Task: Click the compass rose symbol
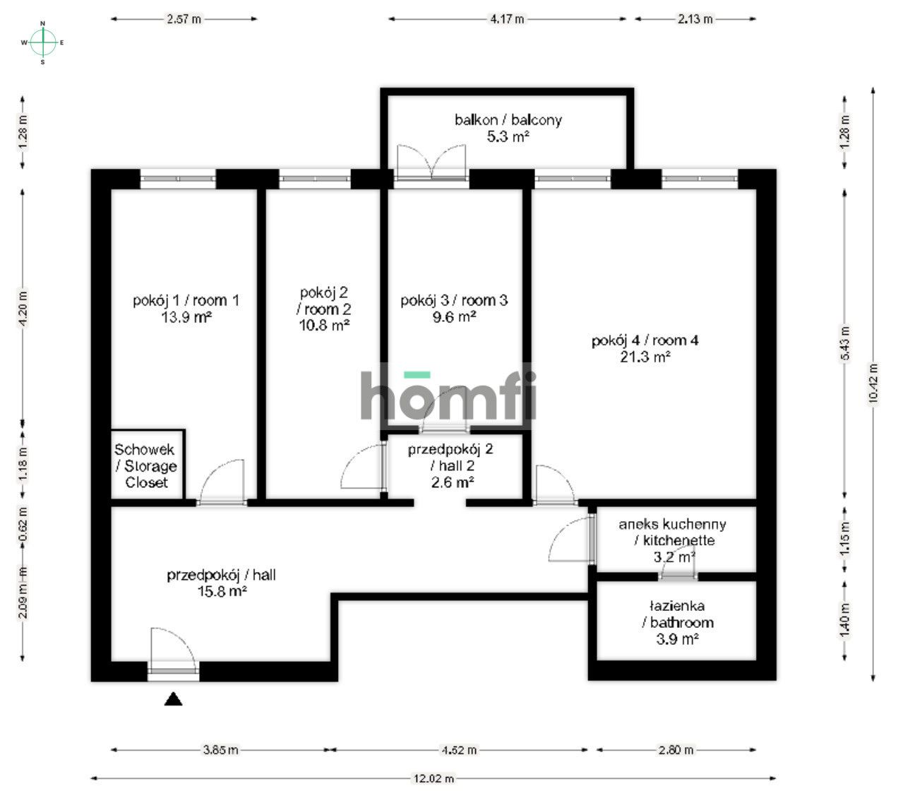[x=43, y=42]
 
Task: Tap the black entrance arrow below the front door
[x=174, y=700]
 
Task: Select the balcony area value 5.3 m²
[x=508, y=137]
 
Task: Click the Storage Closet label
[x=146, y=466]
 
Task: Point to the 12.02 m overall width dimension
[x=433, y=778]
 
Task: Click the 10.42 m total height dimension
[x=873, y=383]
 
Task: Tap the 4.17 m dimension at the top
[x=507, y=19]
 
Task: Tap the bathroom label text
[x=677, y=614]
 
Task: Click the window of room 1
[x=177, y=178]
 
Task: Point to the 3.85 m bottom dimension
[x=219, y=750]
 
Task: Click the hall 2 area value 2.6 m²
[x=452, y=483]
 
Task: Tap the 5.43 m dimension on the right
[x=846, y=341]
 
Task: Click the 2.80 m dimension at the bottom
[x=676, y=750]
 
